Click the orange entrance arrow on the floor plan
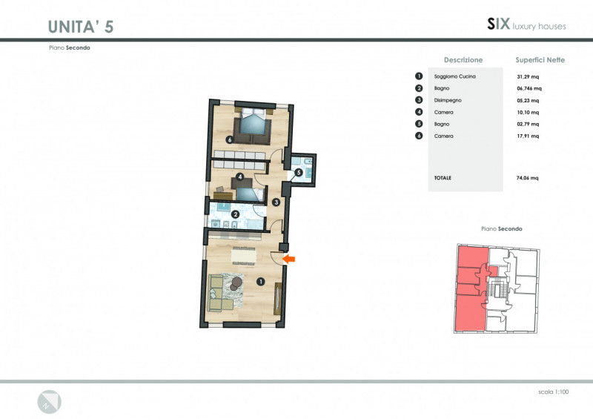point(289,260)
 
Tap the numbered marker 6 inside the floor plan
point(230,139)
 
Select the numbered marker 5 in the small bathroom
point(299,173)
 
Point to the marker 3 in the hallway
point(276,202)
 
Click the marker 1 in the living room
point(261,282)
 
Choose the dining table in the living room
point(244,256)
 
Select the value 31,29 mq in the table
point(528,76)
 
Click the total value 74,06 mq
point(528,178)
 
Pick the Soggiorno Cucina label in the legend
point(455,76)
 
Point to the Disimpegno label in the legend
point(448,100)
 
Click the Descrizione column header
point(463,60)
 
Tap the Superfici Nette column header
point(540,60)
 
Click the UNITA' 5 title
point(81,27)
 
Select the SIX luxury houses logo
point(526,24)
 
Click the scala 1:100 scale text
point(553,392)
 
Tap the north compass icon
point(49,402)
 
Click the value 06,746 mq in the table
point(529,88)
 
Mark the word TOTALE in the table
point(443,178)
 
